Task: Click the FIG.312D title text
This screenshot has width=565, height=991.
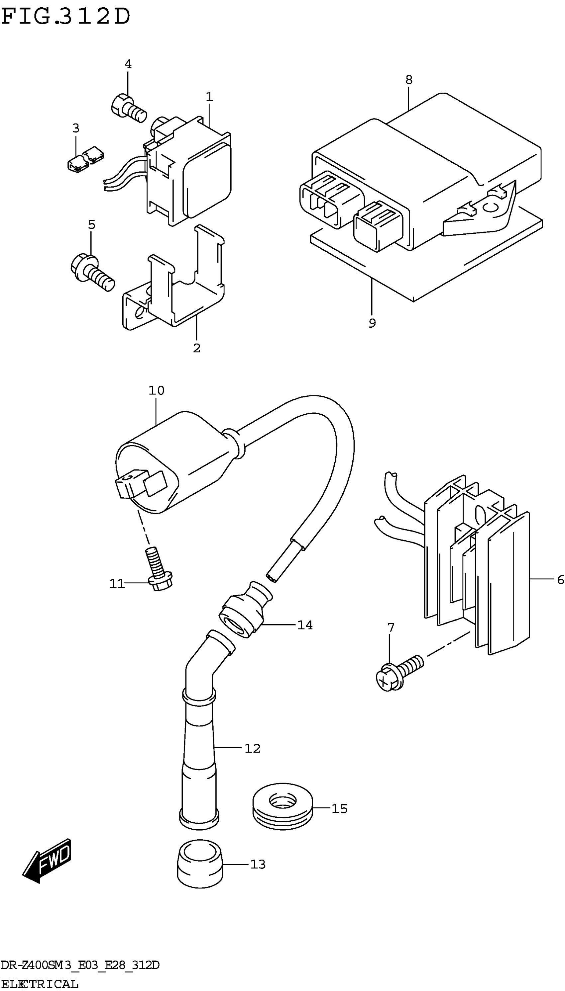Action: (66, 17)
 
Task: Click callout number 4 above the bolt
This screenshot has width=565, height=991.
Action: (128, 64)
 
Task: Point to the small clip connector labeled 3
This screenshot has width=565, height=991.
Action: (85, 159)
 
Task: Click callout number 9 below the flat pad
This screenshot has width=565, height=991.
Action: (372, 323)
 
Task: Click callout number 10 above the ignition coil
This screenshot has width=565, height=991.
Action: (157, 390)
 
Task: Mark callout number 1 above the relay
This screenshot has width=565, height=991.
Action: (209, 97)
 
